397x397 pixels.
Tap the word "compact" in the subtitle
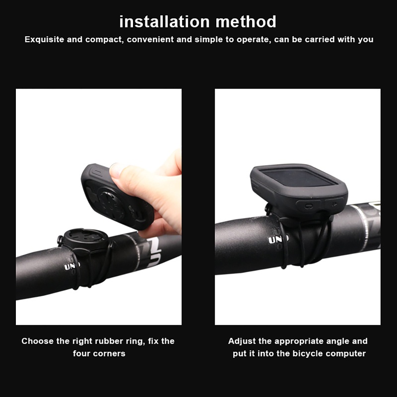pyautogui.click(x=104, y=39)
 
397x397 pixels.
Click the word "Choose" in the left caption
pyautogui.click(x=38, y=341)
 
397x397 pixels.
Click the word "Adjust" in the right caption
pyautogui.click(x=243, y=341)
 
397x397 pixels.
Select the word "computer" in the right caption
pyautogui.click(x=346, y=354)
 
